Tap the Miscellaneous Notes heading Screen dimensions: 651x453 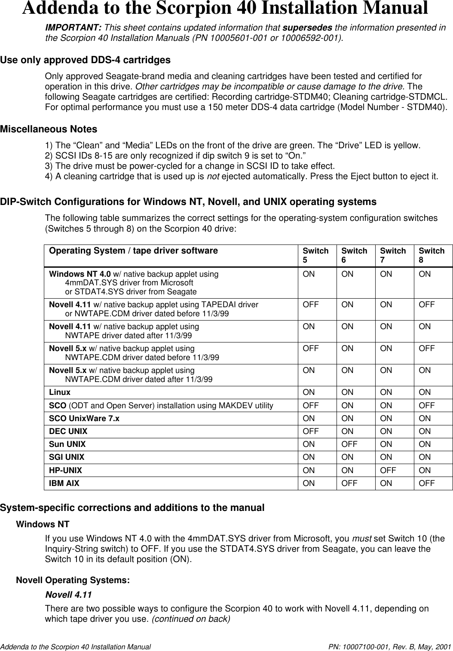click(x=49, y=129)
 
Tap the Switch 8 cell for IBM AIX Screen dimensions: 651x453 click(x=427, y=483)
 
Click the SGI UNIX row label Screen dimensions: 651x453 click(x=67, y=457)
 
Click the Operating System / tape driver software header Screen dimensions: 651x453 click(x=133, y=251)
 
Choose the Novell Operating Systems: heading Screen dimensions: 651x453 click(x=73, y=580)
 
